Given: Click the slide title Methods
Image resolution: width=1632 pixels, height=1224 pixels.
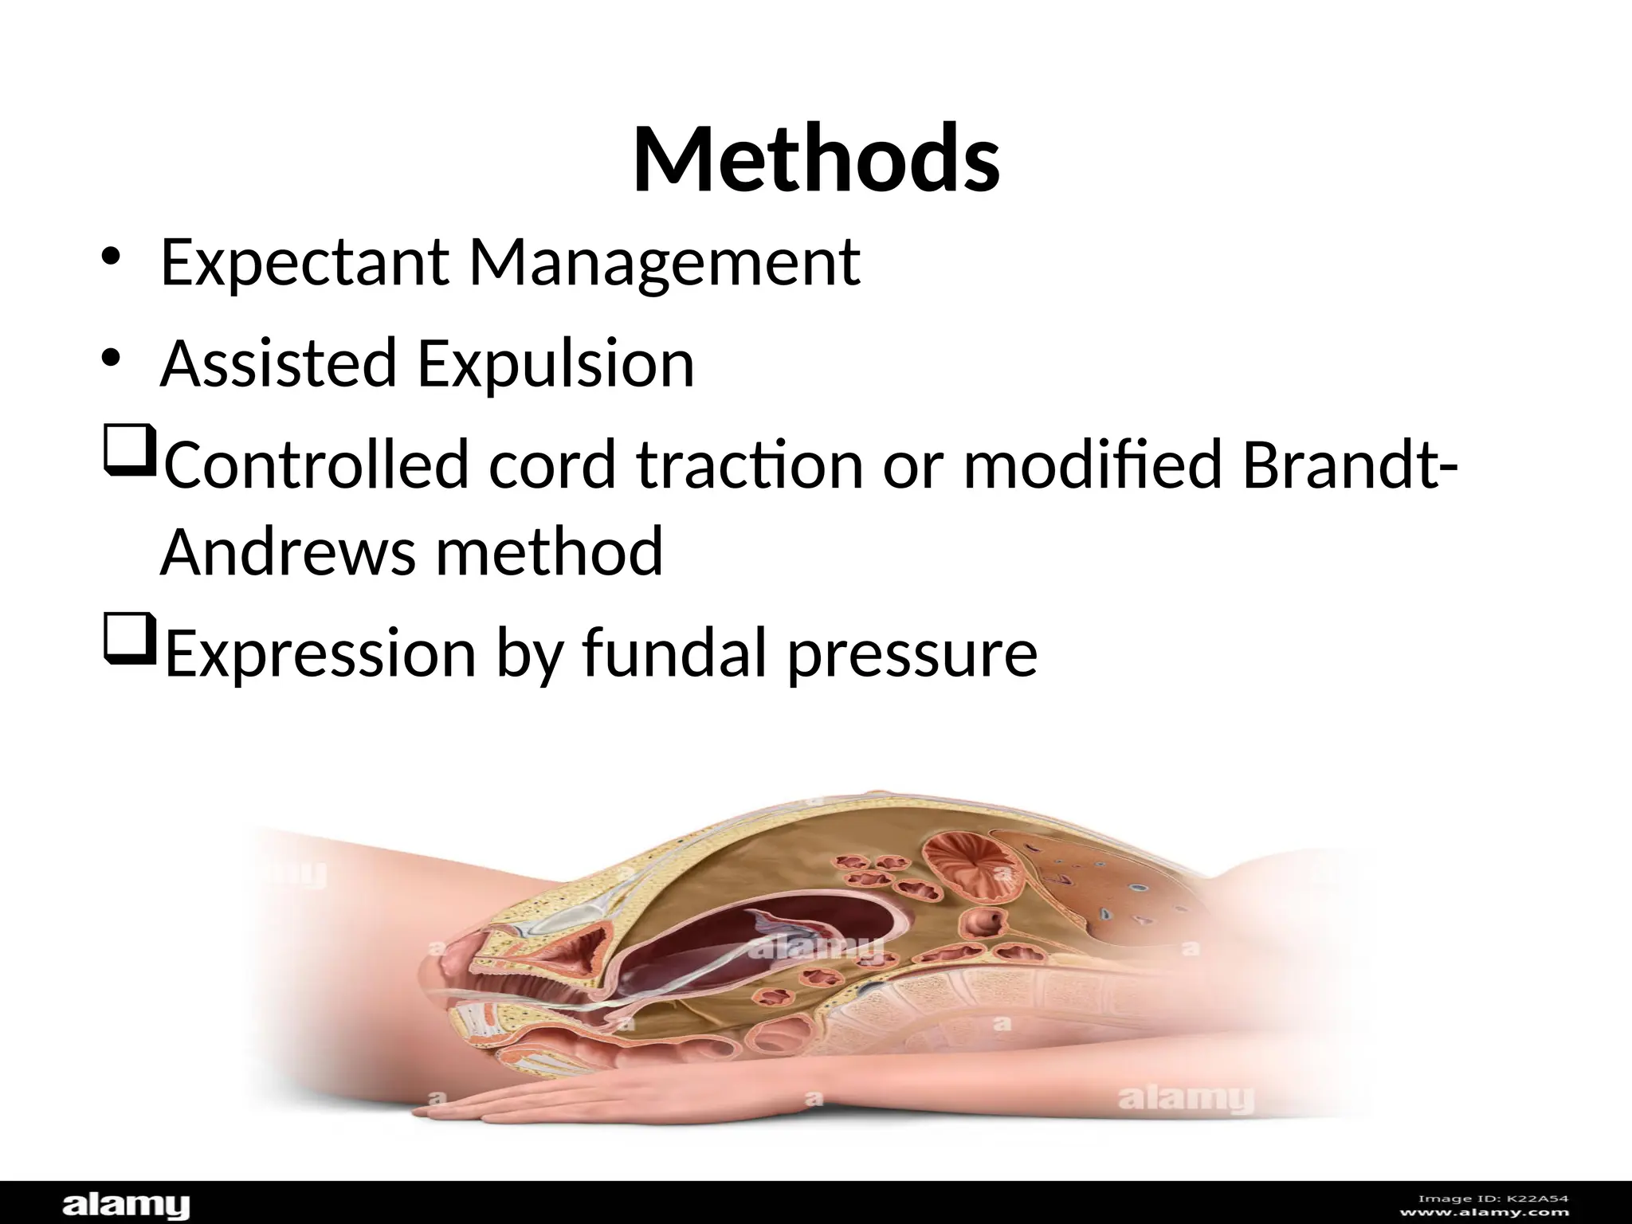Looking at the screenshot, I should (x=816, y=159).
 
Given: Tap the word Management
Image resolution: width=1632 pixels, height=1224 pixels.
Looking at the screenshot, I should (x=665, y=263).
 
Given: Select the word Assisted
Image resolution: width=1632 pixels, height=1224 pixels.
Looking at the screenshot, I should (x=278, y=363).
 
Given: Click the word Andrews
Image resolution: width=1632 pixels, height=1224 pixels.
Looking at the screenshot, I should (x=288, y=551).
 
